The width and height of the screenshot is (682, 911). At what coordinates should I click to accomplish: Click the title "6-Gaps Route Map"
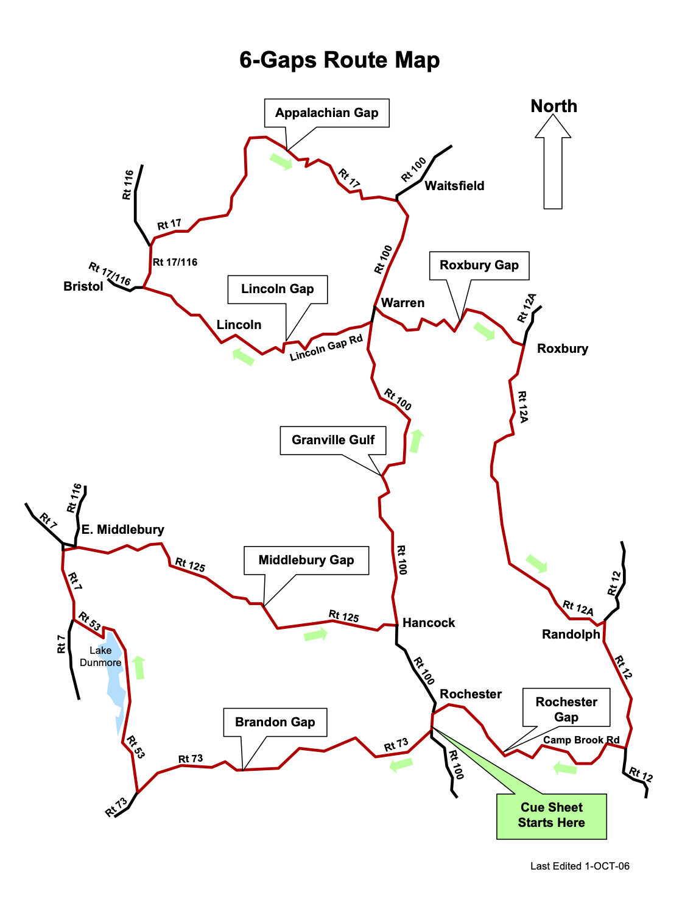339,60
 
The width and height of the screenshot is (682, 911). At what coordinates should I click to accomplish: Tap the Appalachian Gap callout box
326,113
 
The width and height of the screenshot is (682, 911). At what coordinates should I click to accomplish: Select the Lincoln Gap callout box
277,289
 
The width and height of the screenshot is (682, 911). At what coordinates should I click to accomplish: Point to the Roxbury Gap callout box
479,265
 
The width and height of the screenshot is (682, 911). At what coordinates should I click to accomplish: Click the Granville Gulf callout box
332,440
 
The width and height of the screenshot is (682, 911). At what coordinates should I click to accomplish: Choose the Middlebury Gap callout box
306,560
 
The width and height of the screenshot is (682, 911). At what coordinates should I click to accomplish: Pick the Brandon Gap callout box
275,722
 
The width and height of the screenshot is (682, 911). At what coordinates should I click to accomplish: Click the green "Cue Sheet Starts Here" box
551,815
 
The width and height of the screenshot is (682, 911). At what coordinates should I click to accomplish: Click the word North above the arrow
554,106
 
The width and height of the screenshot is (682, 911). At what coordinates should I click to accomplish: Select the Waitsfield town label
454,186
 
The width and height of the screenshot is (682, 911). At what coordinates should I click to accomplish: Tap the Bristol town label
83,286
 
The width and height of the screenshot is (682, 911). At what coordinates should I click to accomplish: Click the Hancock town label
429,623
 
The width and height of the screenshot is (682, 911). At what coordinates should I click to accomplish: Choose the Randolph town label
571,634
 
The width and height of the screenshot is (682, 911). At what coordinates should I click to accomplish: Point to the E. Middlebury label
122,530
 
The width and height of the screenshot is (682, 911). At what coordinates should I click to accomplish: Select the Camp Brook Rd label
581,740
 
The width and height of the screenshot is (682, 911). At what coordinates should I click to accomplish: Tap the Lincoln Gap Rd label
326,348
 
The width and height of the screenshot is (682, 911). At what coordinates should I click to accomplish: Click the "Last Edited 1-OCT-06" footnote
580,866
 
